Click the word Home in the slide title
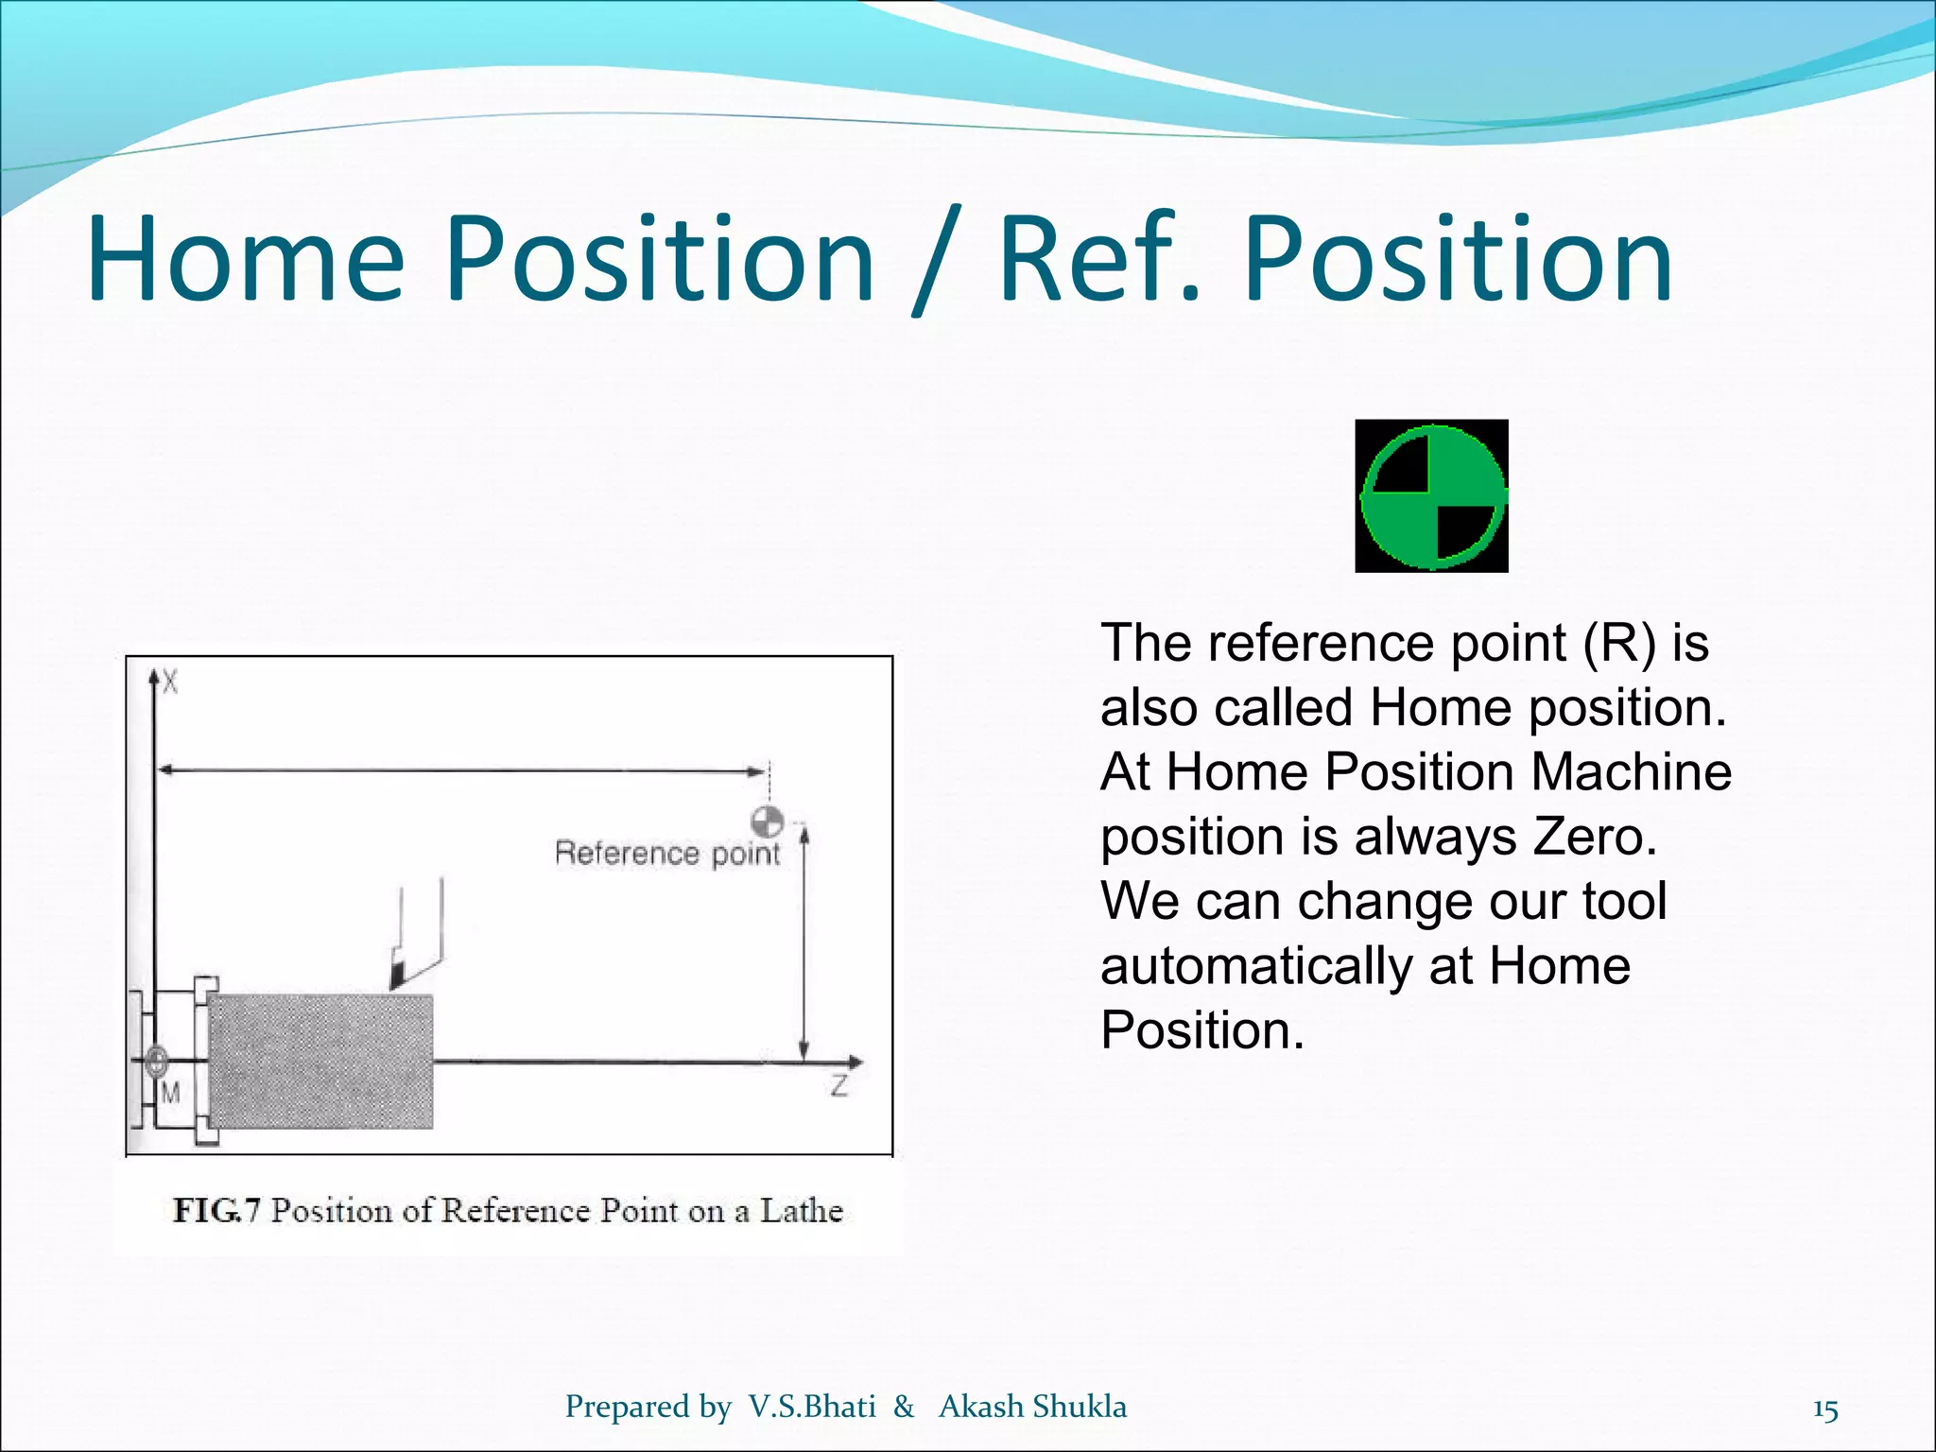[x=246, y=259]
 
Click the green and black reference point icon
[x=1431, y=496]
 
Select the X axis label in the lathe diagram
[x=170, y=681]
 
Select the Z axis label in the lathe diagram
[x=838, y=1086]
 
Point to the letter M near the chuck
[x=170, y=1094]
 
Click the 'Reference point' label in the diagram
[x=667, y=854]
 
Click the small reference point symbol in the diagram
[x=768, y=821]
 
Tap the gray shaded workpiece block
[x=321, y=1061]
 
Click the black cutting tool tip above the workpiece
[x=398, y=974]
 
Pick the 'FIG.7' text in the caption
[x=216, y=1211]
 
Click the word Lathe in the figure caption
[x=802, y=1211]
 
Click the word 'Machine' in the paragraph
[x=1631, y=771]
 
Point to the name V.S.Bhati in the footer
[x=812, y=1407]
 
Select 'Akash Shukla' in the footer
[x=1032, y=1407]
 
